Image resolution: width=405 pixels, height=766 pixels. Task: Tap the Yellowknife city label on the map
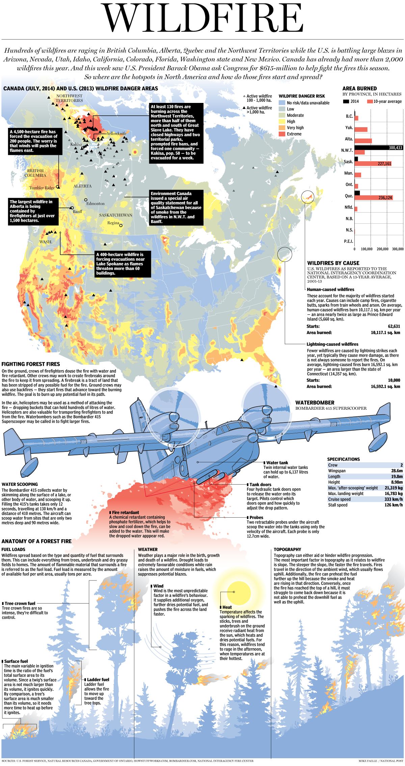(x=116, y=134)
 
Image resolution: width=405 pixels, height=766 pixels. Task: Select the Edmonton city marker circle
(x=86, y=200)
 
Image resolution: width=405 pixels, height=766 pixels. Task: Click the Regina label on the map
(x=113, y=223)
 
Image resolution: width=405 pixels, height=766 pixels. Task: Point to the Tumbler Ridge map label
(x=42, y=188)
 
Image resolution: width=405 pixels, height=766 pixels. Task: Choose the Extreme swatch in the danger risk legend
(x=282, y=134)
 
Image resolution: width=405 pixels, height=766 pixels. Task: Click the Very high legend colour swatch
(x=282, y=128)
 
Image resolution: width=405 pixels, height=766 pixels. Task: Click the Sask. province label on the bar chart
(x=348, y=162)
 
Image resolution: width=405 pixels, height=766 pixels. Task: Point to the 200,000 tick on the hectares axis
(x=382, y=249)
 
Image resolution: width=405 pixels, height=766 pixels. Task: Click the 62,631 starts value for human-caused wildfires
(x=394, y=326)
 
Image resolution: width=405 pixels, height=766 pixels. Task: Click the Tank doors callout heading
(x=260, y=484)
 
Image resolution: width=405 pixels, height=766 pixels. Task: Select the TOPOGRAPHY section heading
(x=287, y=549)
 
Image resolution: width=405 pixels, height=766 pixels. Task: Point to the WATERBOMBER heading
(x=315, y=403)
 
